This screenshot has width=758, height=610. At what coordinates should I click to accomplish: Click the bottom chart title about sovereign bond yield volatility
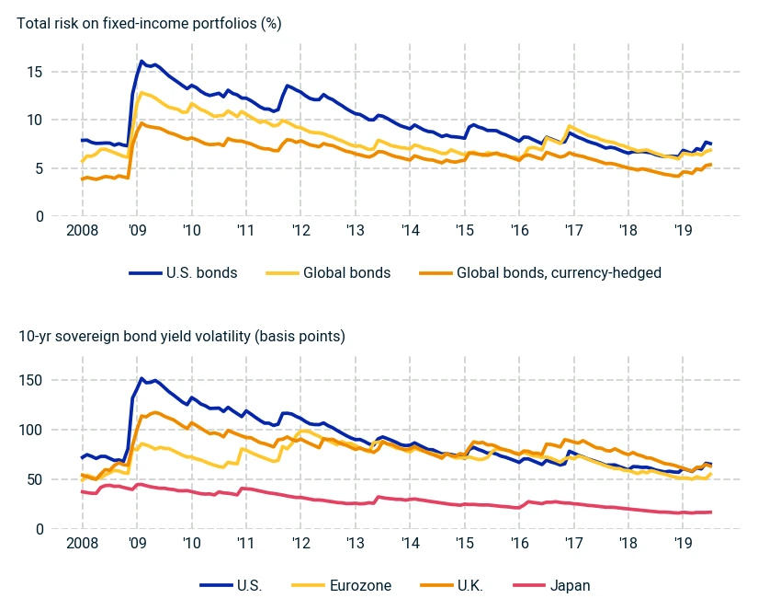point(182,336)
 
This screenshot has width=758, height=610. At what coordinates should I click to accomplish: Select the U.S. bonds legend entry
point(183,273)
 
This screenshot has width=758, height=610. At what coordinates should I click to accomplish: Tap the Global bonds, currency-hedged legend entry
point(540,273)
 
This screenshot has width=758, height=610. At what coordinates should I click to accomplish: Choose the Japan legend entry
point(551,586)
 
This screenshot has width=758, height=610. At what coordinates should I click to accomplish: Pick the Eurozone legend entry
point(341,586)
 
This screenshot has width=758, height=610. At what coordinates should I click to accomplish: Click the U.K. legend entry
point(451,586)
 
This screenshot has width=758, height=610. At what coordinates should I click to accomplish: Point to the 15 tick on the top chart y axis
point(35,72)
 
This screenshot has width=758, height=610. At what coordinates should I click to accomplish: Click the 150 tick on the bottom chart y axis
point(31,380)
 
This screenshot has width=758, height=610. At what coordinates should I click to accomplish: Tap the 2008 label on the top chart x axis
point(82,230)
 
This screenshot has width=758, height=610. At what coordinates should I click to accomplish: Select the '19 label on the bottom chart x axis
point(683,543)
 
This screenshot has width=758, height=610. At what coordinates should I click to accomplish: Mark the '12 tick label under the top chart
point(300,230)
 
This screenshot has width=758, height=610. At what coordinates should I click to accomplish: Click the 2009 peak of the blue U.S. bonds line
point(141,61)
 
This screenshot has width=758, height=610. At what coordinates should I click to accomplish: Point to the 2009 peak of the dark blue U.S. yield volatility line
point(141,378)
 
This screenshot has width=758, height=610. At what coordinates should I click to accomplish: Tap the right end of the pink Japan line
point(711,512)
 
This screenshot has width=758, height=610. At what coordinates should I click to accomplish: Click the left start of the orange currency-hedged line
point(82,179)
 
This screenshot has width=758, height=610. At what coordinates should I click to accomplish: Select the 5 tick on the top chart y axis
point(39,168)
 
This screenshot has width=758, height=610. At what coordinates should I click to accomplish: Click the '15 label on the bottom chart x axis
point(464,543)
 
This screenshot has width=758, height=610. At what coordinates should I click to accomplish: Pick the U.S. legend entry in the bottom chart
point(231,586)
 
